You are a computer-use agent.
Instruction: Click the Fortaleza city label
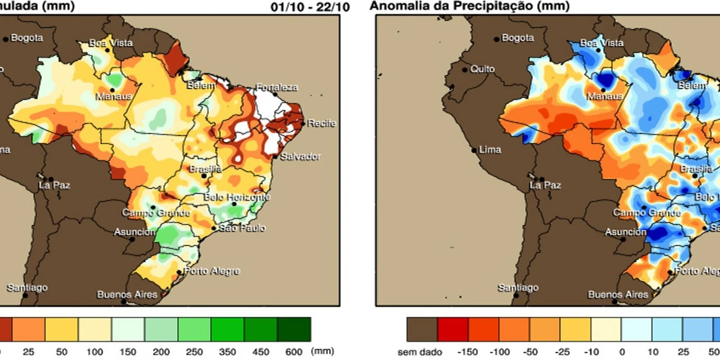click(x=277, y=87)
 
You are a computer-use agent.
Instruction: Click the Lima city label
click(x=489, y=150)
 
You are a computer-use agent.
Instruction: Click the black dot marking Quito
click(x=465, y=70)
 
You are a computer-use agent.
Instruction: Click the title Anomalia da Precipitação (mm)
click(x=470, y=6)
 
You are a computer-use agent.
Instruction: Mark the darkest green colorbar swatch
click(x=294, y=329)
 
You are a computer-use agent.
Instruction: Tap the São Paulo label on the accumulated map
click(x=242, y=228)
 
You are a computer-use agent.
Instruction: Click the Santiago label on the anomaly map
click(x=518, y=288)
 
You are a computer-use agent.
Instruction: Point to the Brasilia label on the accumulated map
click(x=205, y=169)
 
